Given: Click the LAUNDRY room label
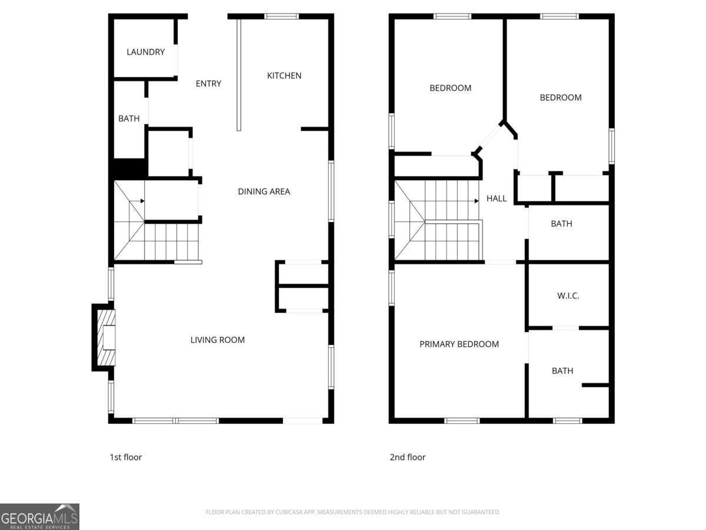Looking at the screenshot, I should click(145, 52).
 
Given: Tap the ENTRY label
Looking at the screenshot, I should click(208, 84).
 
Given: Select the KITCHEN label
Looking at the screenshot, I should click(284, 75).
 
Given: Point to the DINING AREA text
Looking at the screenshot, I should click(264, 191).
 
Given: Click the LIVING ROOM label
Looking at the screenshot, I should click(217, 340).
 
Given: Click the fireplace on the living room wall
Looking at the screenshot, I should click(104, 337).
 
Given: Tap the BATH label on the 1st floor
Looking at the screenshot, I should click(129, 118).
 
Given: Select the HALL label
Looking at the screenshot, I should click(496, 198).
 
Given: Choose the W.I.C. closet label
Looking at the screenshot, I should click(568, 296).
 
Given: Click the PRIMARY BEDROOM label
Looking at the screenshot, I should click(459, 344).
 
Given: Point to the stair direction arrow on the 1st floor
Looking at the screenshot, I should click(141, 201).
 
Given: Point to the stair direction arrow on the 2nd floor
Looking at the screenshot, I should click(475, 201).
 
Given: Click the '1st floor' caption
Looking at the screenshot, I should click(125, 457).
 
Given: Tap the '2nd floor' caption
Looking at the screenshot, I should click(407, 457).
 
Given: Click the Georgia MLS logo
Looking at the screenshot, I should click(39, 516).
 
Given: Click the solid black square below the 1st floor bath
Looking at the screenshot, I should click(129, 168).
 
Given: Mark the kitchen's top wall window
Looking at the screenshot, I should click(282, 16).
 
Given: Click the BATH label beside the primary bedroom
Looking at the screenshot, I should click(562, 371).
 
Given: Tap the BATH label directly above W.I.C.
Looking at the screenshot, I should click(561, 224).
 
